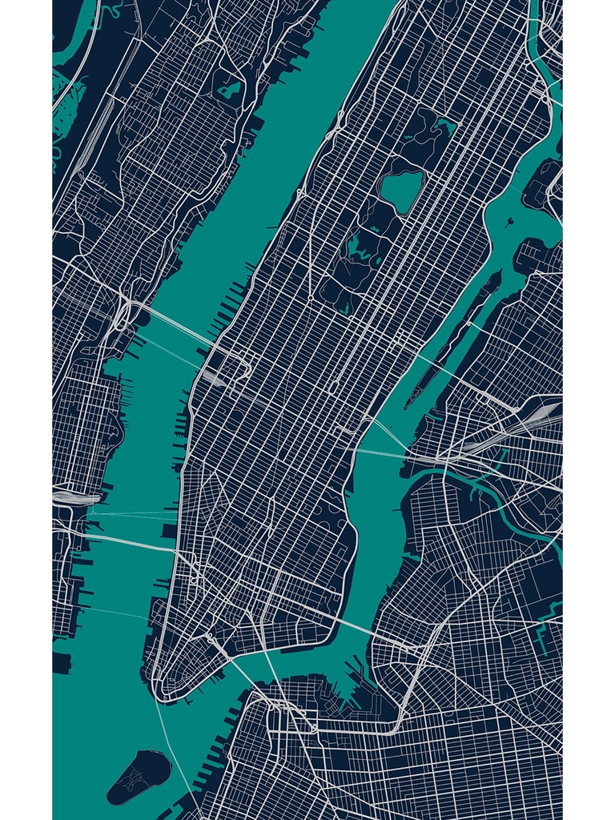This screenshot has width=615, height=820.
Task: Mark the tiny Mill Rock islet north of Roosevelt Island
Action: [508, 222]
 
